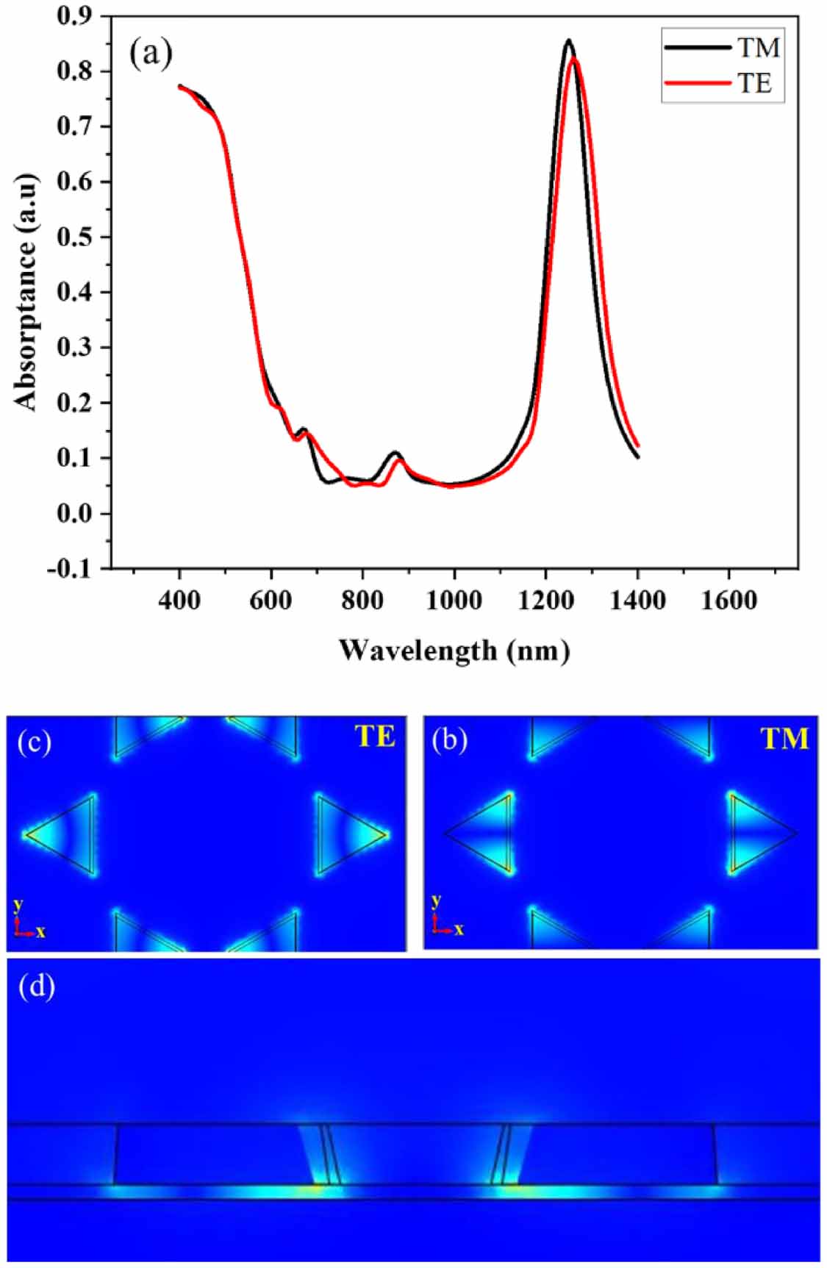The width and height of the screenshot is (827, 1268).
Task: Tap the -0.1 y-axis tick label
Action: [70, 568]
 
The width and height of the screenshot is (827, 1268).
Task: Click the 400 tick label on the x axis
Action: [179, 601]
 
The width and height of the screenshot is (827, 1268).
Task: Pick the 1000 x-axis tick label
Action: [454, 601]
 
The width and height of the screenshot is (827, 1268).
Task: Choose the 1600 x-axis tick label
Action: [728, 601]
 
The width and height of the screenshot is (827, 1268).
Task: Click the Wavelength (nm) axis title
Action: [454, 650]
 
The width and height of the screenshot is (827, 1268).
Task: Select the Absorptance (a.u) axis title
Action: [25, 292]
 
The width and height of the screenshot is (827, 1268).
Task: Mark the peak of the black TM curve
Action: [568, 40]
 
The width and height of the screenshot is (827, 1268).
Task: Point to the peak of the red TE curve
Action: [575, 58]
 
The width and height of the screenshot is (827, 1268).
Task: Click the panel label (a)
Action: [151, 53]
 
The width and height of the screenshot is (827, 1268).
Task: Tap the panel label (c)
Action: [35, 742]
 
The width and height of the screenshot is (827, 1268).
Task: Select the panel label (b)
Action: [450, 740]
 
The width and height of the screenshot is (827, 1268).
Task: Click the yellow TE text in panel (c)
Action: [375, 737]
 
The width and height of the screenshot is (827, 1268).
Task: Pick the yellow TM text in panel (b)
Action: [784, 738]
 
